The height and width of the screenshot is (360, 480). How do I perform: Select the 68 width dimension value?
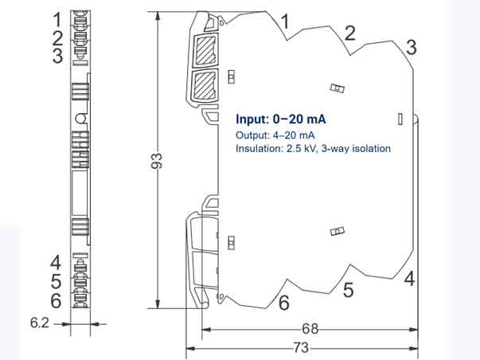[x=310, y=328]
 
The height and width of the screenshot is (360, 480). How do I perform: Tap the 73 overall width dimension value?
[x=302, y=347]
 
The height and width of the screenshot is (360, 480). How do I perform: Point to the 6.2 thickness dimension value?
[x=40, y=323]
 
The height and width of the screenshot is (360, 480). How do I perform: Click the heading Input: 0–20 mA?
[x=281, y=119]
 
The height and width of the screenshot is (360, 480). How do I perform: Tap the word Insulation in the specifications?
[x=259, y=148]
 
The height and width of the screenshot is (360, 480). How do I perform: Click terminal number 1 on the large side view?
[x=286, y=22]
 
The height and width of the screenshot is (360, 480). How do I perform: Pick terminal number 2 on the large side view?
[x=349, y=33]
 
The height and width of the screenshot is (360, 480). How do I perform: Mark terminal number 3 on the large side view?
[x=411, y=46]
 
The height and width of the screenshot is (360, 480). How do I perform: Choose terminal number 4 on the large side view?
[x=409, y=279]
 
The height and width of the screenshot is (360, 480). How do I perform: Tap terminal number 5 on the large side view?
[x=348, y=290]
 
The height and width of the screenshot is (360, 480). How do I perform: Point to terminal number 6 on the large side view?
[x=283, y=303]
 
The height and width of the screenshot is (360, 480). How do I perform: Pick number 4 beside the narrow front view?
[x=56, y=262]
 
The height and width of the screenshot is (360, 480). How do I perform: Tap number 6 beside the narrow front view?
[x=56, y=300]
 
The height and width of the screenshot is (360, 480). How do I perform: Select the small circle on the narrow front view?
[x=80, y=119]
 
